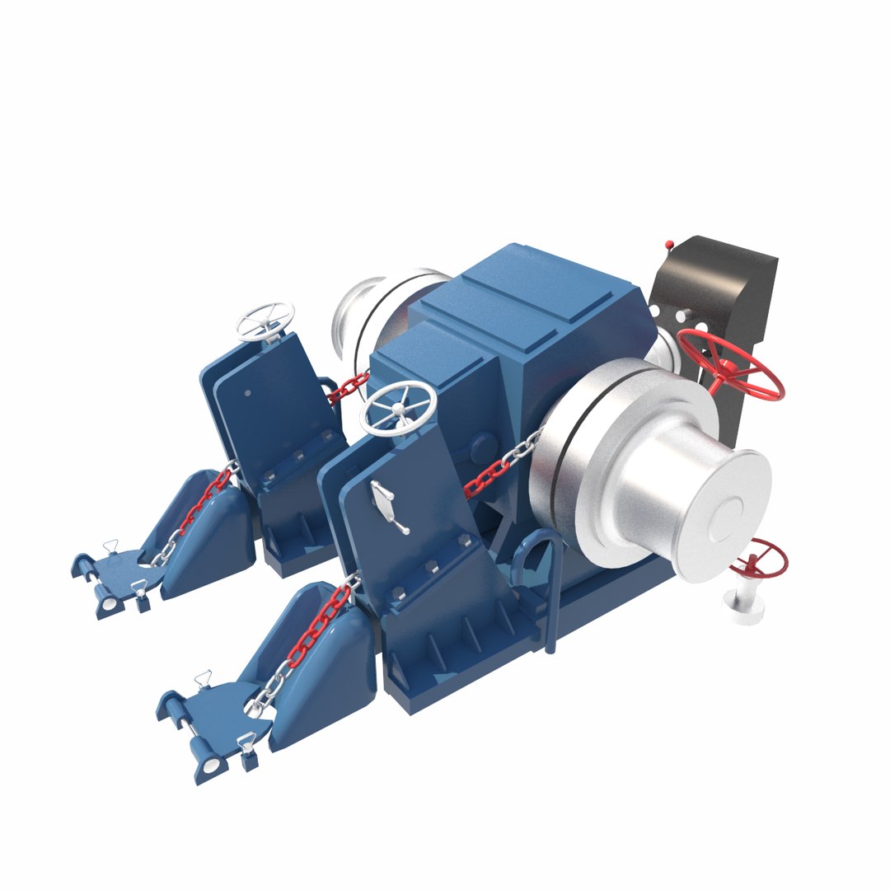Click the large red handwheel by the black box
coord(730,366)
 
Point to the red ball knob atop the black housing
coord(669,245)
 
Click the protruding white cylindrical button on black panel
coord(682,315)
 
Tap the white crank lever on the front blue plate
coord(386,504)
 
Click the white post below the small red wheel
coord(744,607)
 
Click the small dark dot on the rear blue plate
coord(247,393)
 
